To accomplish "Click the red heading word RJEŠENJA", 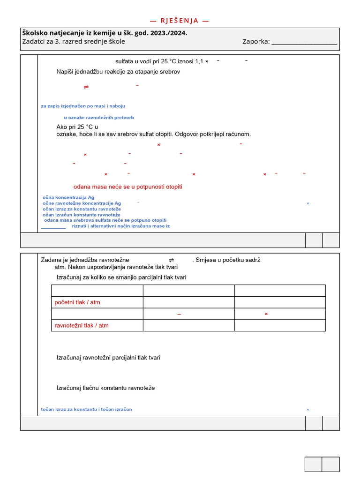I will click(x=180, y=21).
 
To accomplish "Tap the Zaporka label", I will click(x=256, y=41).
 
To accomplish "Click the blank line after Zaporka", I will click(x=304, y=42).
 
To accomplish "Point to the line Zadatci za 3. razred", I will click(x=74, y=41).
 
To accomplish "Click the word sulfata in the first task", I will click(x=125, y=61).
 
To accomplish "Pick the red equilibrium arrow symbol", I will click(x=86, y=87).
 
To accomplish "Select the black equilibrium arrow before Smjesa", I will click(x=172, y=260).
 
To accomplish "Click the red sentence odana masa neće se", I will click(x=127, y=187).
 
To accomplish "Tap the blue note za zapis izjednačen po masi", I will click(x=83, y=106).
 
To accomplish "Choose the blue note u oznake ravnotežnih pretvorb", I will click(x=99, y=118).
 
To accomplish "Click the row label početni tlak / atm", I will click(x=77, y=302).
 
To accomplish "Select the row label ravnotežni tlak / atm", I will click(x=82, y=325).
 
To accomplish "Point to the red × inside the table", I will click(x=266, y=314).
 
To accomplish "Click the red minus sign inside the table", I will click(x=179, y=314).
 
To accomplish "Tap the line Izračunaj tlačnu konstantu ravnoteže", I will click(x=105, y=388).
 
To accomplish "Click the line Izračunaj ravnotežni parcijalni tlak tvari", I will click(x=108, y=358).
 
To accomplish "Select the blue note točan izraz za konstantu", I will click(x=87, y=409).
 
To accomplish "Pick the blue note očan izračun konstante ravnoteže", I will click(x=82, y=215).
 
